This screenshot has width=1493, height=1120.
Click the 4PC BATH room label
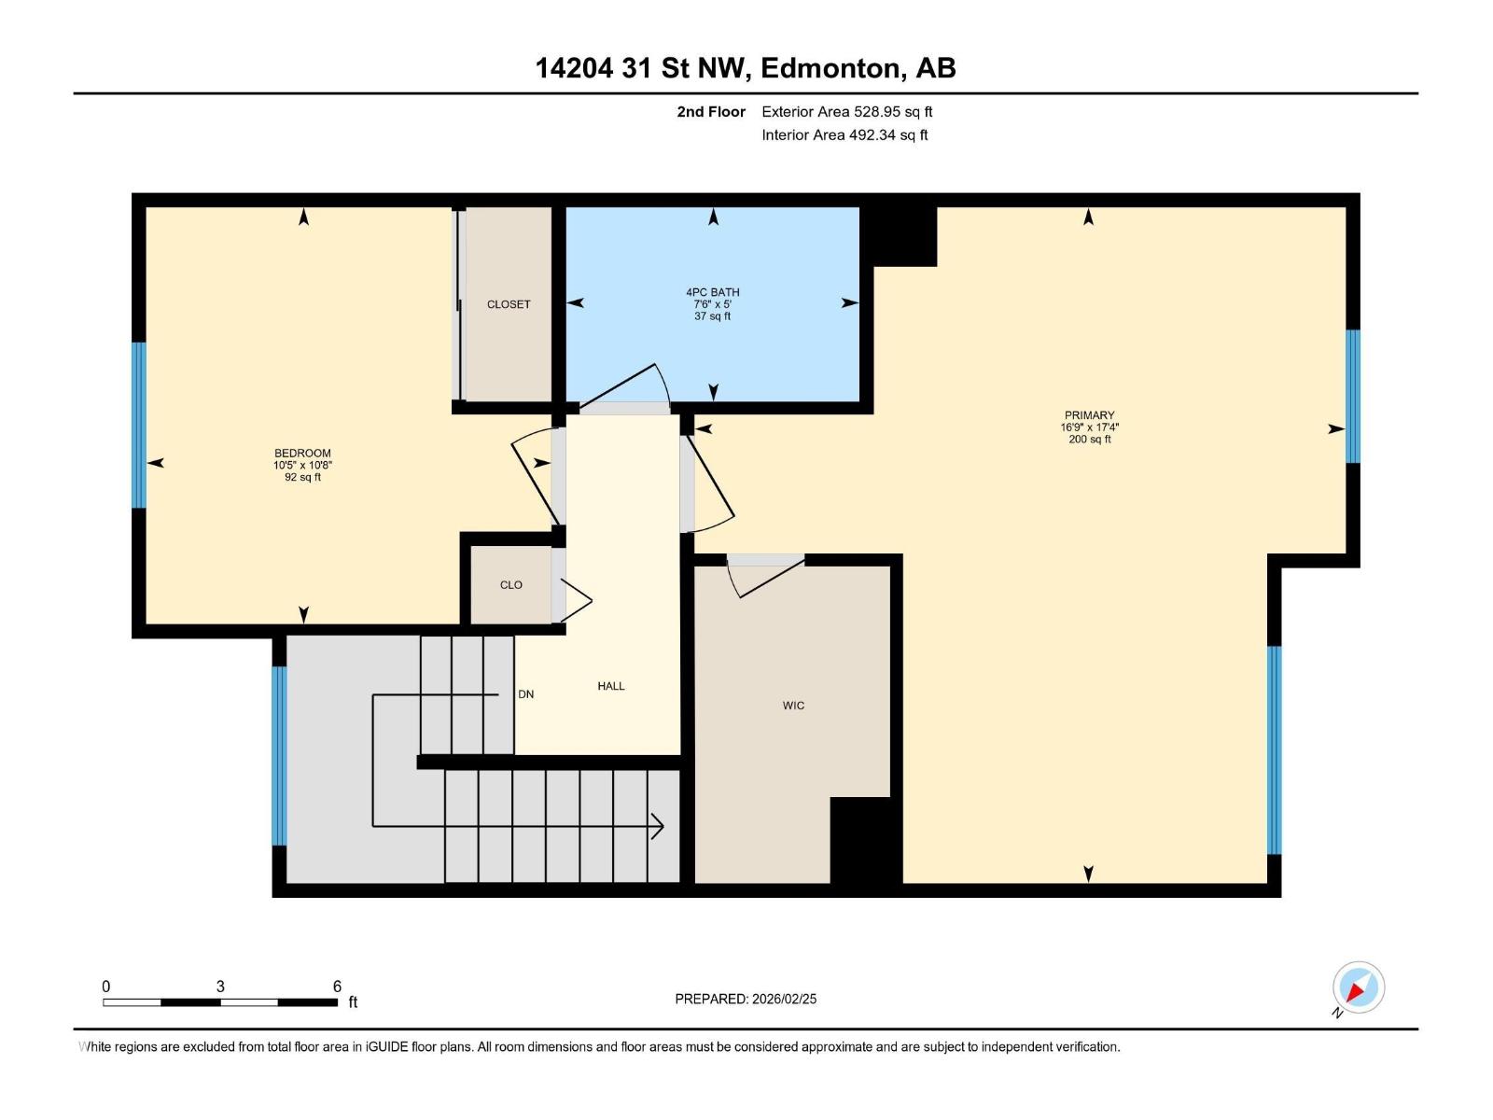712,292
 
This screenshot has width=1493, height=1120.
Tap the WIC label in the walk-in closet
793,706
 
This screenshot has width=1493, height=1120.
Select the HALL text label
611,686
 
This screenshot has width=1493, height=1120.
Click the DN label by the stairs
526,694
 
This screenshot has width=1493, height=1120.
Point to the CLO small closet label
510,585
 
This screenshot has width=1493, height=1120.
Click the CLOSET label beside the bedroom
509,304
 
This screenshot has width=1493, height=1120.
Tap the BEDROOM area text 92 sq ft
302,477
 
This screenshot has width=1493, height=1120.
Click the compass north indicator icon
1358,987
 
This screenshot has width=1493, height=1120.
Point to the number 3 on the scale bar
220,987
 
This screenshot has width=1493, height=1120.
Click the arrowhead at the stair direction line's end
658,826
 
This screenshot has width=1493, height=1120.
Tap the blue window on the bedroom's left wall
139,425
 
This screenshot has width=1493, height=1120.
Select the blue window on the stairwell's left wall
279,755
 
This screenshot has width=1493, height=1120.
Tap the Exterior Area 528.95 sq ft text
846,112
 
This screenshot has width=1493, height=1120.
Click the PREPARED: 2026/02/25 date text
746,999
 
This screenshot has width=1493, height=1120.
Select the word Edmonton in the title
831,68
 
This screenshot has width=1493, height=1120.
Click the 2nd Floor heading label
711,112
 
